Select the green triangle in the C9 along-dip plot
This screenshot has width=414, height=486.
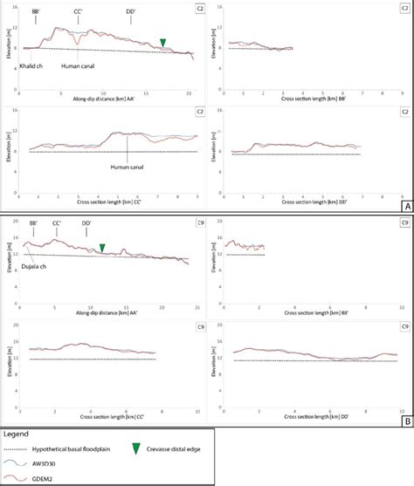102,249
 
